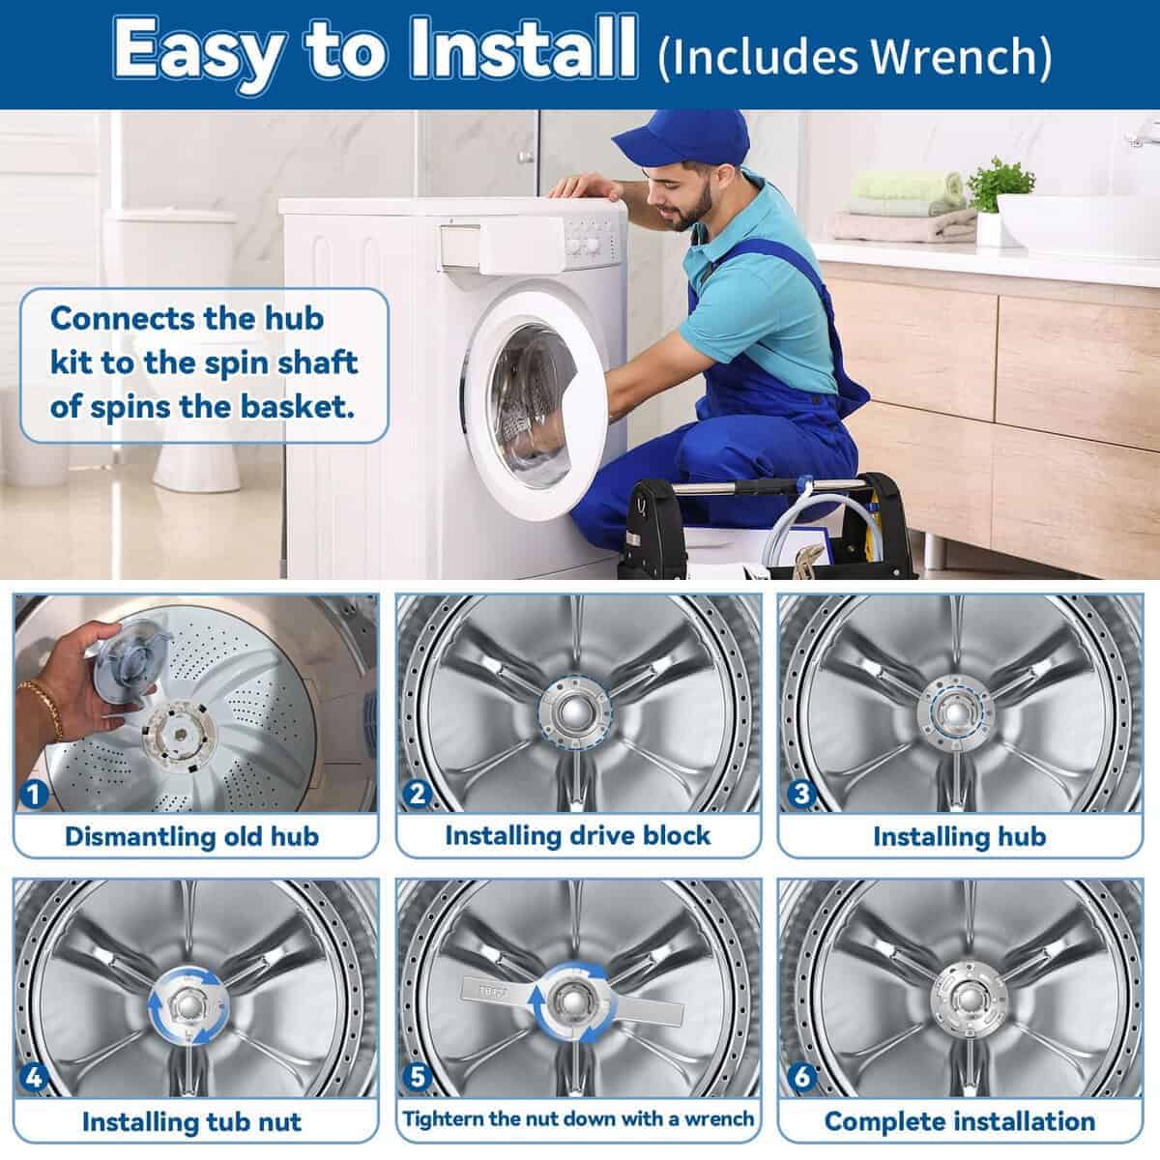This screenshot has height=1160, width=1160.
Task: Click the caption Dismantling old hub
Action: tap(191, 836)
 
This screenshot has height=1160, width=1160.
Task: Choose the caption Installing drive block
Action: tap(577, 835)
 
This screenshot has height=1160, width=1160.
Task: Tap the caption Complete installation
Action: tap(959, 1121)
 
